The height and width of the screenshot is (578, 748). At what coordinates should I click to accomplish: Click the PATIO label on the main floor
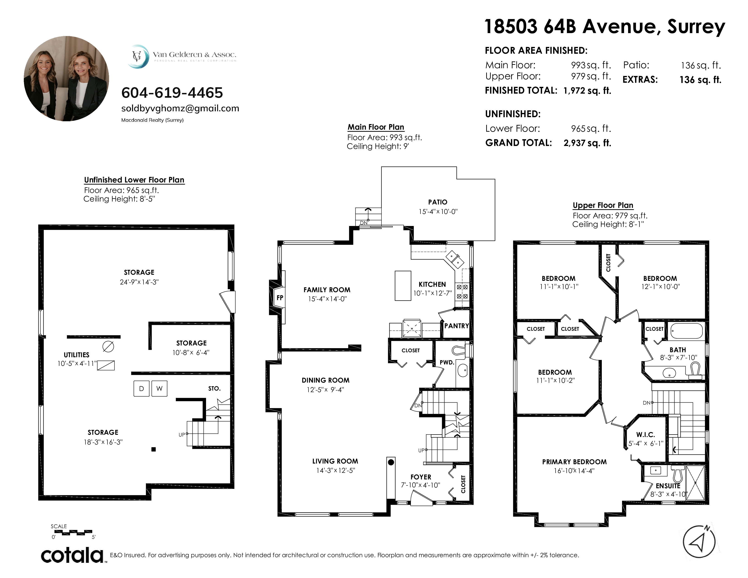pos(438,202)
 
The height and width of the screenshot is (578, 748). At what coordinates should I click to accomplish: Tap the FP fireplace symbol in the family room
pos(279,298)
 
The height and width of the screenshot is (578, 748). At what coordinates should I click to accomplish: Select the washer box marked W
pos(159,388)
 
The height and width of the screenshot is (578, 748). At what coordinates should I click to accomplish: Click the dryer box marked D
pos(141,388)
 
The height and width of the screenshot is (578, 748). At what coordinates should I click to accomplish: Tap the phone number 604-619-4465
pos(172,92)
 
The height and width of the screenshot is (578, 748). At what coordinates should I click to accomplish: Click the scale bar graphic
pos(73,532)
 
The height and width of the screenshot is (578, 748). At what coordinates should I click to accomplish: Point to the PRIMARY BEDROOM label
pos(574,462)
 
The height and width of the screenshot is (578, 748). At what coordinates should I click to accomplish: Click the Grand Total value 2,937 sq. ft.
pos(587,143)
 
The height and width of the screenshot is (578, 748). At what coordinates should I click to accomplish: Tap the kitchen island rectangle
pos(403,286)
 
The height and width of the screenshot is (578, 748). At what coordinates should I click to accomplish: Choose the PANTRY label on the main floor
pos(457,326)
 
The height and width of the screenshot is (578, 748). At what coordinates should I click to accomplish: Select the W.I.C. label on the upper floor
pos(646,435)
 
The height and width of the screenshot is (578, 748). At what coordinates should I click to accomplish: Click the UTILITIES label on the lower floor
pos(76,355)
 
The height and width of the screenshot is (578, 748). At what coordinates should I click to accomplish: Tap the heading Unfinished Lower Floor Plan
pos(134,180)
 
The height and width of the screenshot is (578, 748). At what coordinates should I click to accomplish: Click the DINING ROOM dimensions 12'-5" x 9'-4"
pos(325,390)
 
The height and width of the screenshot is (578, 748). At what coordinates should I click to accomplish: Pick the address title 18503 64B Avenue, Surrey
pos(605,26)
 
